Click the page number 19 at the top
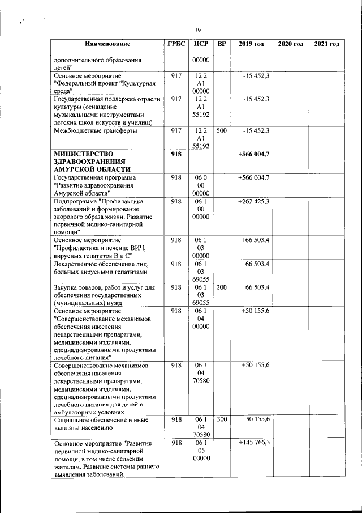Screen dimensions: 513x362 [198, 30]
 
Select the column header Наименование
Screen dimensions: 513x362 [108, 44]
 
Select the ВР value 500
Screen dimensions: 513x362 [222, 131]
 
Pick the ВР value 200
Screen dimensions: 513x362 [222, 288]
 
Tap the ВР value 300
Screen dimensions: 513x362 [222, 419]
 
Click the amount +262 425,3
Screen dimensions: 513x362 [254, 201]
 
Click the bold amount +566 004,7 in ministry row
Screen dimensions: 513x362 [253, 154]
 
